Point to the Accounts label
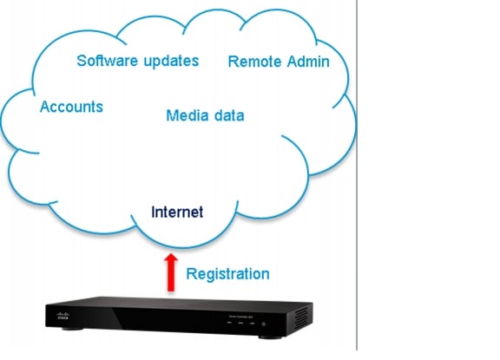click(x=71, y=107)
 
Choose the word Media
click(x=185, y=115)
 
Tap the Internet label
click(x=177, y=211)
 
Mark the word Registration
click(x=228, y=274)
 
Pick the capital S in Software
click(x=82, y=61)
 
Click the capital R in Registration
click(x=191, y=274)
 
